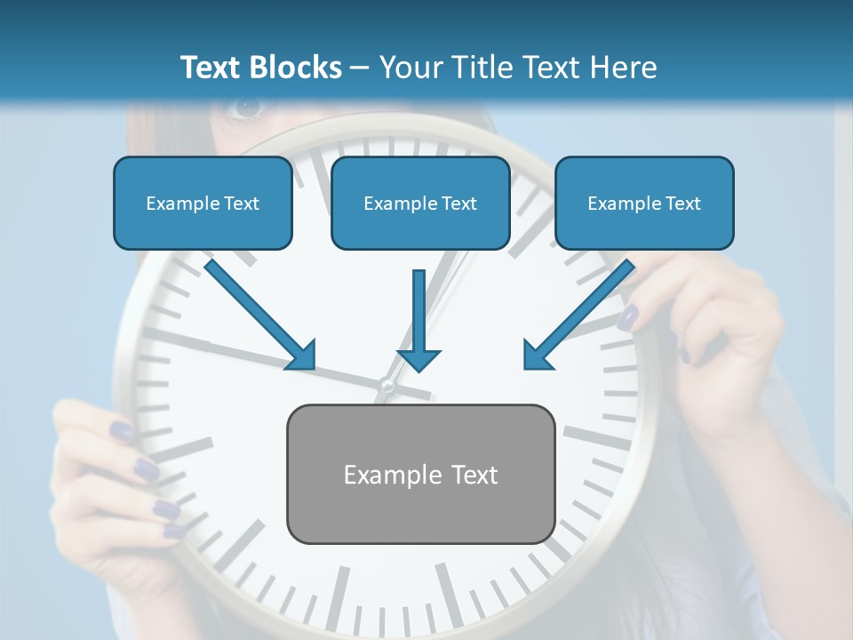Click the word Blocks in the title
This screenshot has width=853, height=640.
pyautogui.click(x=298, y=68)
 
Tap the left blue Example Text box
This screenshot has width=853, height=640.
pyautogui.click(x=203, y=203)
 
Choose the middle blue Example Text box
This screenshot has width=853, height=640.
pyautogui.click(x=420, y=203)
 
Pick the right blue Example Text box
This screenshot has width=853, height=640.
pyautogui.click(x=644, y=203)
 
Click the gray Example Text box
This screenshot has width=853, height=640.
pyautogui.click(x=420, y=474)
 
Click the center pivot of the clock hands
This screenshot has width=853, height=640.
pyautogui.click(x=387, y=385)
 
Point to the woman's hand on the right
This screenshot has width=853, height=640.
pyautogui.click(x=711, y=338)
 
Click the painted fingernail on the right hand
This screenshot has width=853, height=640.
pyautogui.click(x=628, y=316)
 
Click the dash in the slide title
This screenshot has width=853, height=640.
pyautogui.click(x=360, y=68)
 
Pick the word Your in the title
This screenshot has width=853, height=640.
pyautogui.click(x=410, y=68)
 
